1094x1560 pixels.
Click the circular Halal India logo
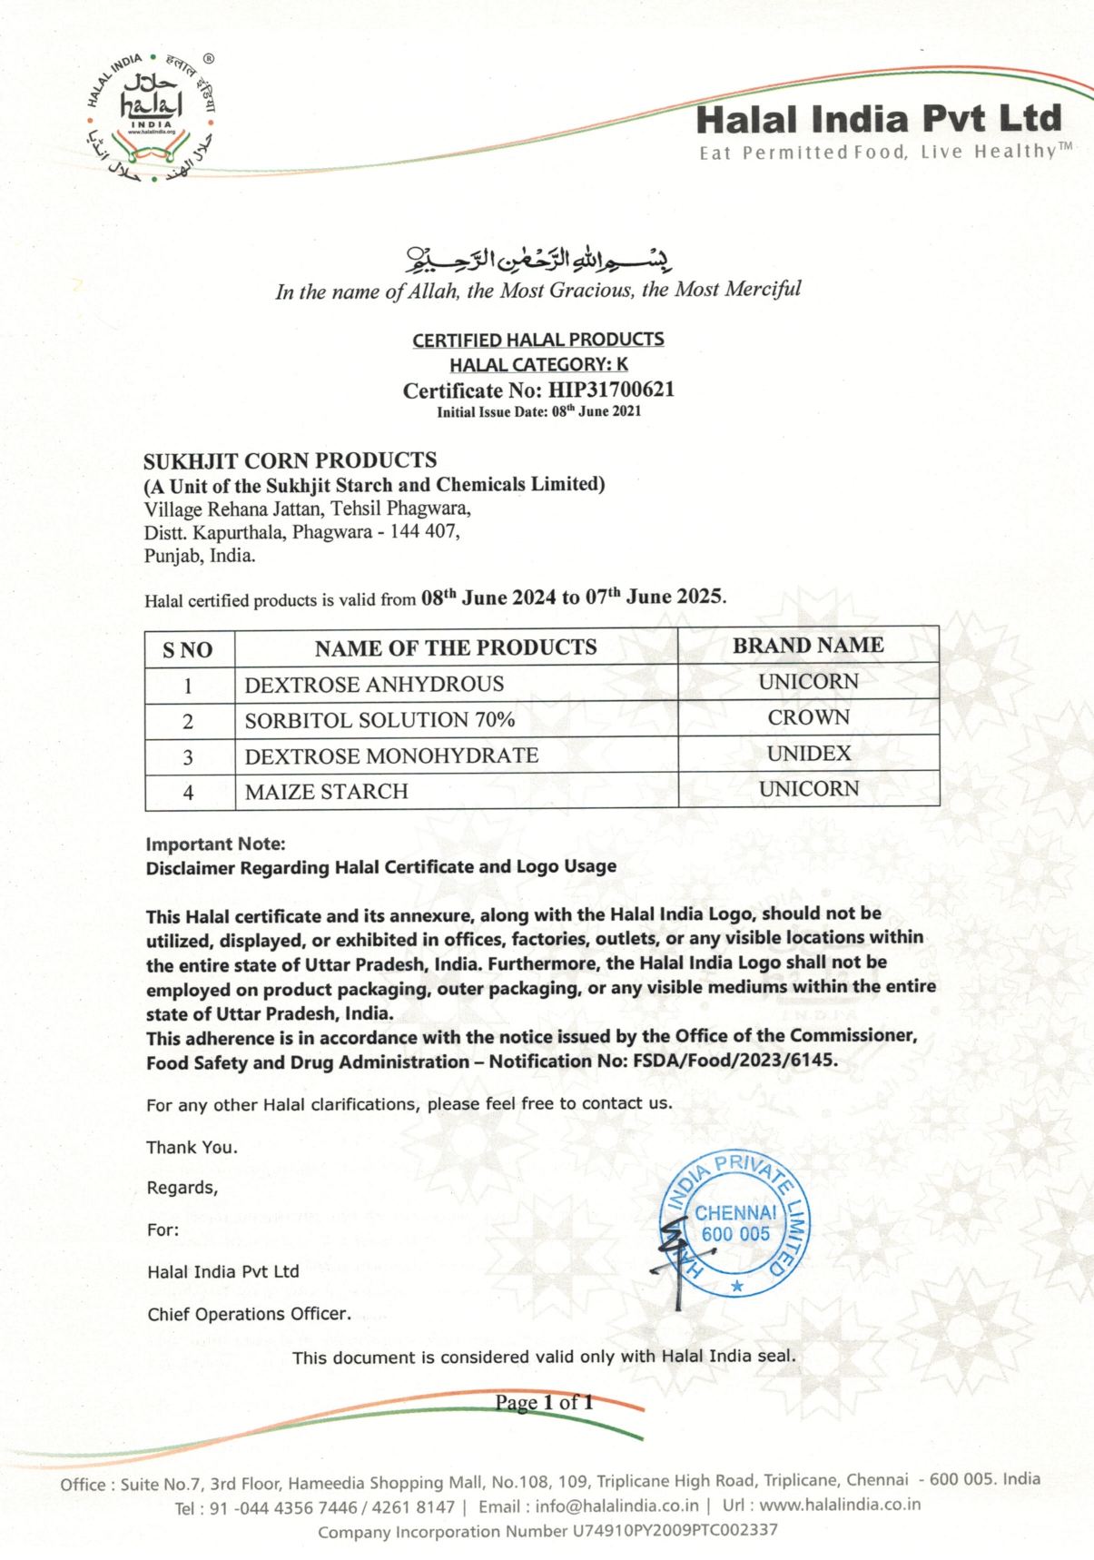152,116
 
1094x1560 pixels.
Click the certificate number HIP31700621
610,390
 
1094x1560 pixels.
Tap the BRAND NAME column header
808,646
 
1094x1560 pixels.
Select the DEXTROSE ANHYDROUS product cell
374,685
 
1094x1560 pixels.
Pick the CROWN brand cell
808,717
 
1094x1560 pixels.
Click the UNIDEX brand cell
808,754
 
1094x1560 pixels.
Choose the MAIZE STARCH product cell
327,792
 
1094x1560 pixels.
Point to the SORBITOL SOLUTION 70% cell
379,720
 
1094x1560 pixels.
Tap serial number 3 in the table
188,757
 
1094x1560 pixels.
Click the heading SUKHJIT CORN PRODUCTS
290,460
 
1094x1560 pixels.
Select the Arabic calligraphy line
537,261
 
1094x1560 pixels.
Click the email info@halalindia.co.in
616,1506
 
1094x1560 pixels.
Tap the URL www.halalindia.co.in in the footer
840,1505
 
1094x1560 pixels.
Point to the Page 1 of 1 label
544,1402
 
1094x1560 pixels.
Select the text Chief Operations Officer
249,1314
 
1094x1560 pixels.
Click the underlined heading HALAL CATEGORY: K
538,365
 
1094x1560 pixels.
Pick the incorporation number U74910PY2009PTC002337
674,1531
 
